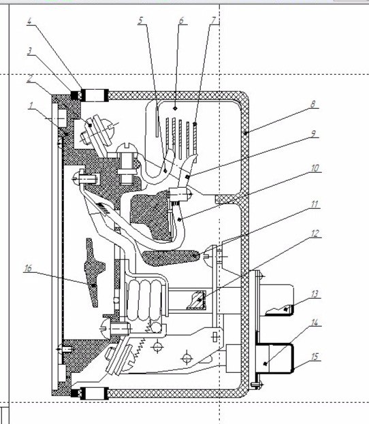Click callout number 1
click(31, 105)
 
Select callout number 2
click(30, 78)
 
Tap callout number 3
click(30, 51)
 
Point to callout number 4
click(29, 21)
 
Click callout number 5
click(141, 20)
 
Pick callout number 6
click(182, 20)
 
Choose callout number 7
click(214, 20)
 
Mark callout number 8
click(313, 104)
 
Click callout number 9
click(313, 133)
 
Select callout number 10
click(315, 168)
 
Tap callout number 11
click(314, 204)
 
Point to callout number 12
click(315, 233)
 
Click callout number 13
click(315, 293)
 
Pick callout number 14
click(315, 323)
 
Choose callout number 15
click(315, 357)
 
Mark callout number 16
click(28, 268)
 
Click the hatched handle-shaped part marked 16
click(93, 273)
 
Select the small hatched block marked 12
click(197, 300)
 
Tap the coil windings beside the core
click(145, 299)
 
